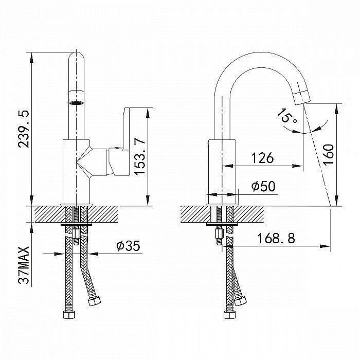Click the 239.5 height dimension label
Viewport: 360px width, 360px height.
point(24,129)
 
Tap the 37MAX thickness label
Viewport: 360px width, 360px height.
point(24,265)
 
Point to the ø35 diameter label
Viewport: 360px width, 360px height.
point(128,246)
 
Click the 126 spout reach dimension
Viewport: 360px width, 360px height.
point(263,158)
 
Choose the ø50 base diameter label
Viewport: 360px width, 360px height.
point(263,186)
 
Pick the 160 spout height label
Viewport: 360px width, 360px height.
point(328,154)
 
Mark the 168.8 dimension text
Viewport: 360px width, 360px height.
point(276,238)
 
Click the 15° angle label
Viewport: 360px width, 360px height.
point(287,116)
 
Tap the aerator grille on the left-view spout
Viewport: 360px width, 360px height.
point(77,103)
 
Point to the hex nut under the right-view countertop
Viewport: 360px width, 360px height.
point(219,233)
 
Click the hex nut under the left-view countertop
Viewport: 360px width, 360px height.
point(76,233)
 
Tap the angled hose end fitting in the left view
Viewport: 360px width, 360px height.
point(94,300)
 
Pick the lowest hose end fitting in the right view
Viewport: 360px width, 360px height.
point(229,314)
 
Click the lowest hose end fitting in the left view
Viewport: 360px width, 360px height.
point(69,314)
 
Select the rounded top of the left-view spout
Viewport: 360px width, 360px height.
point(77,56)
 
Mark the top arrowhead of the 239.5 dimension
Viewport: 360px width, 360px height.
point(31,58)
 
